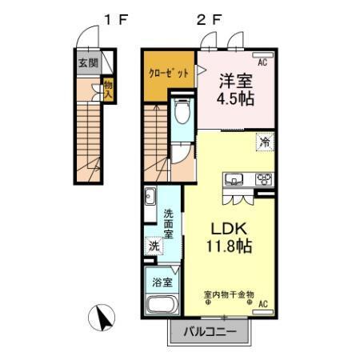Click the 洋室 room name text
point(237,81)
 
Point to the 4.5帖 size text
point(238,101)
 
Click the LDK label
point(226,226)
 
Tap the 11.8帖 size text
point(228,246)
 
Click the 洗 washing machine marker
point(153,247)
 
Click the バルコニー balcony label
point(212,331)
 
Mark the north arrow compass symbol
point(104,318)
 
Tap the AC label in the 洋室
point(262,58)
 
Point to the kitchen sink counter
point(238,178)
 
